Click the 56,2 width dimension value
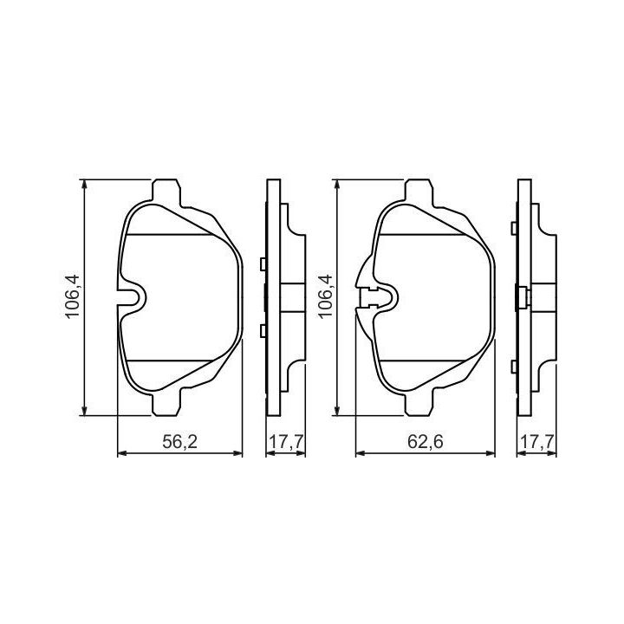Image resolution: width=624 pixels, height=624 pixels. [x=179, y=442]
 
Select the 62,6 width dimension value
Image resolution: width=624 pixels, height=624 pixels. [x=425, y=442]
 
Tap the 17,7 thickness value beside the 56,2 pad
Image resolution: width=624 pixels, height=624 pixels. [x=286, y=442]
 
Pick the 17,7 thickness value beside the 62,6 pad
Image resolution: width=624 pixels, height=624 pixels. [x=536, y=442]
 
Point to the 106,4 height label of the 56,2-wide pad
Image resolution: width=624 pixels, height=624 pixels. [x=73, y=296]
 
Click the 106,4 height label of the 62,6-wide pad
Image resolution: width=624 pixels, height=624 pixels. [x=325, y=296]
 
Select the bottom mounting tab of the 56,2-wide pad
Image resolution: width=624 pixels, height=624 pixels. [x=166, y=402]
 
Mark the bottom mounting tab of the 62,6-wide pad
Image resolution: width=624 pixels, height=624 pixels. [x=419, y=402]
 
